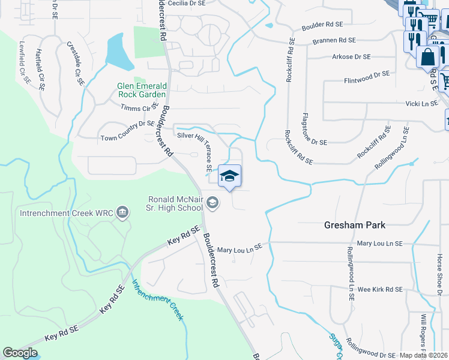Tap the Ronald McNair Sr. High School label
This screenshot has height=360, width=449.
point(176,204)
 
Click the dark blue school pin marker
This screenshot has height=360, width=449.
point(230,176)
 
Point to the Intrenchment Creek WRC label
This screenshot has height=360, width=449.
point(66,212)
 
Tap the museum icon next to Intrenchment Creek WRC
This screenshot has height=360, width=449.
point(123,212)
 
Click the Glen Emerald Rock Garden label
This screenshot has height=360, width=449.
point(142,91)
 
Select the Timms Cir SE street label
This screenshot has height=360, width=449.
point(139,107)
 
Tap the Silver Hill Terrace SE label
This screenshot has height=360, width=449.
point(203,149)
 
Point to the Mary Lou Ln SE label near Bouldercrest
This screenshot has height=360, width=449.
point(240,248)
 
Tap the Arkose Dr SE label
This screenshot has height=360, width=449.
point(351,57)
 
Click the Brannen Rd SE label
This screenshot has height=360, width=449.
point(334,40)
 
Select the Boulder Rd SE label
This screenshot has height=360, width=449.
point(322,25)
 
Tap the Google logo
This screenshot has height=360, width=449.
point(20,353)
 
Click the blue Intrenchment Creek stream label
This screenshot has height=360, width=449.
point(157,300)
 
